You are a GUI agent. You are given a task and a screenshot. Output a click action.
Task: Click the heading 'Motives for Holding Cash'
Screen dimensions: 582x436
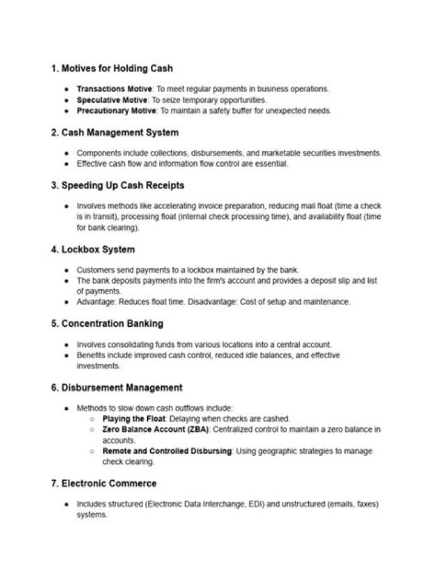[117, 68]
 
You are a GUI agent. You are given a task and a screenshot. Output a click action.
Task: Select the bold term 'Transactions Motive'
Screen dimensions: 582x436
[114, 89]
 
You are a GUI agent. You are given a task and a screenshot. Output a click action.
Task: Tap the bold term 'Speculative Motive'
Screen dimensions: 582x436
[111, 100]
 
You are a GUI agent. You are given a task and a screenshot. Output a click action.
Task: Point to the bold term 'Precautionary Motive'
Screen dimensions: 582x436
[116, 111]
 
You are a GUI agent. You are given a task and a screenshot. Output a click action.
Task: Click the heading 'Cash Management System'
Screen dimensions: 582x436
[120, 132]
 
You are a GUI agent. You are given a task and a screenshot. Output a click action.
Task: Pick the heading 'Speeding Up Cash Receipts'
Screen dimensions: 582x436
[122, 185]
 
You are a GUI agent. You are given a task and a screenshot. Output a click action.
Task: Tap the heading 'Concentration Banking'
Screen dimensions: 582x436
[112, 323]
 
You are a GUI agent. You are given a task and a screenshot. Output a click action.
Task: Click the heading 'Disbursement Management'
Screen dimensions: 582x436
[122, 387]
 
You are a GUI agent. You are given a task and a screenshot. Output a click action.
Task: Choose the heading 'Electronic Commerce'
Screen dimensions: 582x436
[109, 483]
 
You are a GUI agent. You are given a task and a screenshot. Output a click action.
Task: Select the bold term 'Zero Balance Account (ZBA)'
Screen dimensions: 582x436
[155, 430]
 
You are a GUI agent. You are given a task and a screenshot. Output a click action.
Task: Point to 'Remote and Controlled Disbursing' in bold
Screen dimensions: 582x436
[167, 452]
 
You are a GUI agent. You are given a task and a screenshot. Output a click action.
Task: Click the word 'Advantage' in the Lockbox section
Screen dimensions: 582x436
[96, 302]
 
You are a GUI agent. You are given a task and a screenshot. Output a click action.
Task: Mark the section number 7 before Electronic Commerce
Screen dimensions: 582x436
[54, 483]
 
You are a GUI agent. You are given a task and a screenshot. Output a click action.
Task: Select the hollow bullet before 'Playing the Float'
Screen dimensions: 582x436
[91, 419]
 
